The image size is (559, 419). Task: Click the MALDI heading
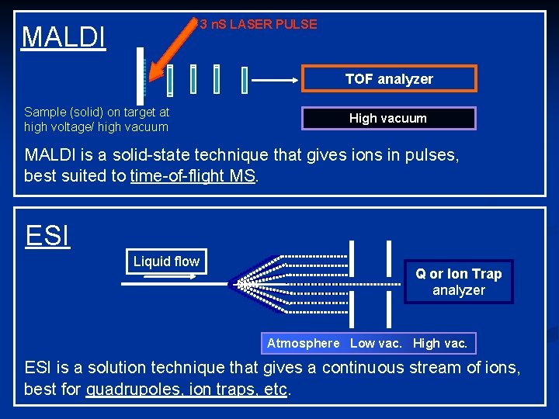point(64,36)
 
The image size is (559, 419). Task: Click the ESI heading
point(47,235)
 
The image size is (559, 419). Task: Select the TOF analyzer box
point(389,79)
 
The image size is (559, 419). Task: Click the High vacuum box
point(388,118)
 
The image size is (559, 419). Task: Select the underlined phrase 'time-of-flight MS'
point(193,175)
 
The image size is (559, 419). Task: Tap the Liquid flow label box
point(166,261)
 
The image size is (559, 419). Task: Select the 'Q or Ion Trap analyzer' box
point(458,282)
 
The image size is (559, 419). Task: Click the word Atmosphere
point(303,343)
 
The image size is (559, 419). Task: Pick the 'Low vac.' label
point(376,343)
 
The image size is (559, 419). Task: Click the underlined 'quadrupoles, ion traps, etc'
point(186,389)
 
